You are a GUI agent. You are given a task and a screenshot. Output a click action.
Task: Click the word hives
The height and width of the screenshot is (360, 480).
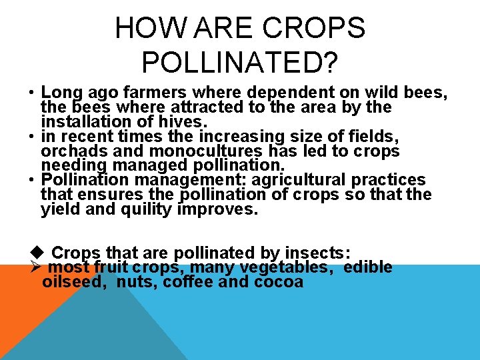pyautogui.click(x=187, y=122)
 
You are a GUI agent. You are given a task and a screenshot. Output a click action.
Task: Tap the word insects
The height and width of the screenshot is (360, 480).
pyautogui.click(x=315, y=253)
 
